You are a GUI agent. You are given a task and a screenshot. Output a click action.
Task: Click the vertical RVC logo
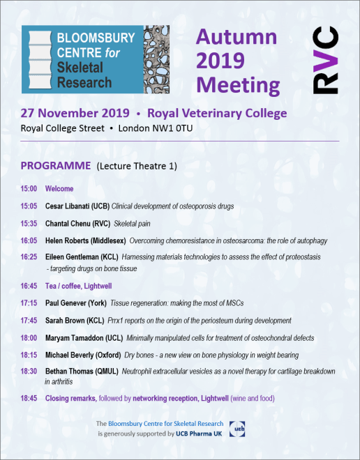[x=325, y=61]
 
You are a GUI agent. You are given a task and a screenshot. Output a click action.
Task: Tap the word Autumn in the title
[x=236, y=38]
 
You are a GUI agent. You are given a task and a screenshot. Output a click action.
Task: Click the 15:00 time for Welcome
[x=29, y=189]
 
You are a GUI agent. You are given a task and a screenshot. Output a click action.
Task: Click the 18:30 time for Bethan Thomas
[x=29, y=371]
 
